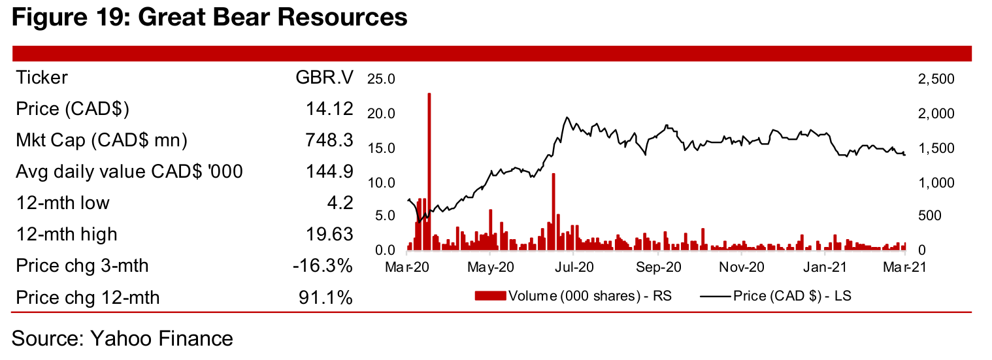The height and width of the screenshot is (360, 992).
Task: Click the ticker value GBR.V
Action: coord(324,78)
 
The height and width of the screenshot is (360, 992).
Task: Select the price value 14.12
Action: coord(330,109)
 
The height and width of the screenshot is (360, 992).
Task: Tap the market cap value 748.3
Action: coord(330,140)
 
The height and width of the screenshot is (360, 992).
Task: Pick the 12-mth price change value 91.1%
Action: coord(325,298)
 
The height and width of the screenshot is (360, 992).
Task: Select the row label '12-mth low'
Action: coord(63,203)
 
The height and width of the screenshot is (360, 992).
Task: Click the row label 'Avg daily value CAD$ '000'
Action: coord(129,172)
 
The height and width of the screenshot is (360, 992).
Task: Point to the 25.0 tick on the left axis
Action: coord(382,80)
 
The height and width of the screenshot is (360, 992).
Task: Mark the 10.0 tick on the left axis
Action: coord(382,182)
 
